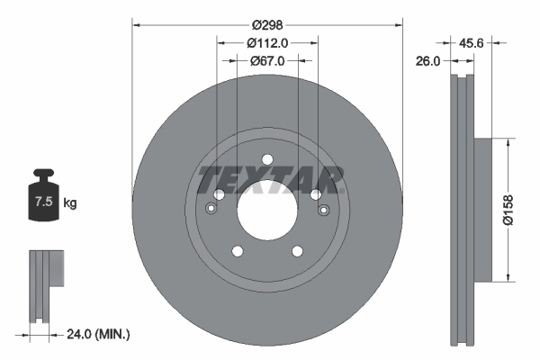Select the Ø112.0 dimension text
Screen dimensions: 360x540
coord(267,42)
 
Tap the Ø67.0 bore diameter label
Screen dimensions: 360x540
coord(267,60)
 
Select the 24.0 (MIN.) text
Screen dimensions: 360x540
coord(99,334)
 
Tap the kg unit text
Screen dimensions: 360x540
coord(70,203)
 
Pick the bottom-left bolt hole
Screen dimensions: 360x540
coord(238,252)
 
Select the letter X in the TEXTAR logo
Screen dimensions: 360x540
coord(254,179)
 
